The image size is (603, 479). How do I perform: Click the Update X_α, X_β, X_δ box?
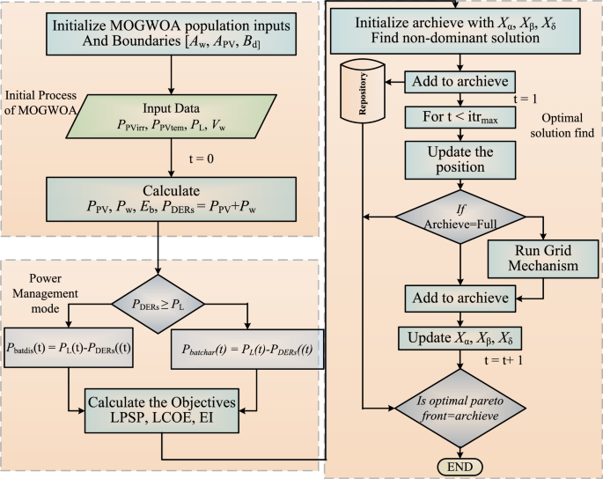pyautogui.click(x=460, y=338)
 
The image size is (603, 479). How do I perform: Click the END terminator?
pyautogui.click(x=460, y=467)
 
